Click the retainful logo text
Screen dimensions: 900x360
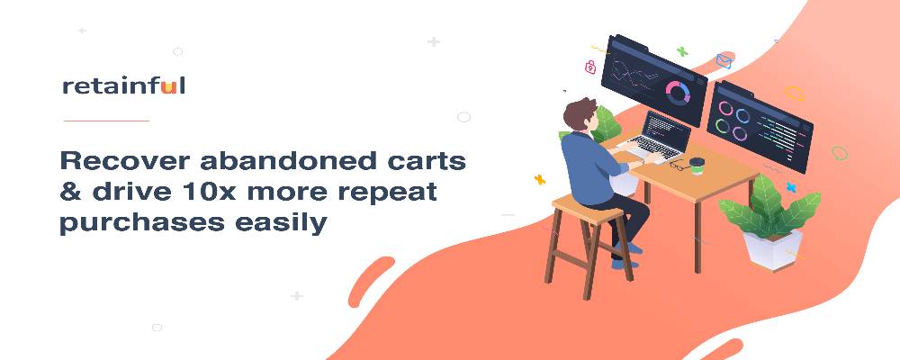123,86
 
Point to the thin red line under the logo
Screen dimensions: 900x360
106,121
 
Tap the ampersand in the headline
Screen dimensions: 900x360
70,192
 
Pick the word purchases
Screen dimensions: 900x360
142,223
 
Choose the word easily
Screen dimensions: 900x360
281,223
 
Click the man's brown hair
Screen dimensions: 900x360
579,111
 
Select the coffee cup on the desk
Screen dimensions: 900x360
697,166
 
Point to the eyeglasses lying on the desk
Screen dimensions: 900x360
678,166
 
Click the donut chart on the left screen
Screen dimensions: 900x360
678,92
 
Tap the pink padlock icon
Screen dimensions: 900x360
590,67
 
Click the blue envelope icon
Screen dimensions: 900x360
724,61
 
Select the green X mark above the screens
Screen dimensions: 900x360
682,51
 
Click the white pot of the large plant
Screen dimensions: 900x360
772,248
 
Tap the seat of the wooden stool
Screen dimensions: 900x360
587,209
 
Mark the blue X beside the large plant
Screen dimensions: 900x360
791,187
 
